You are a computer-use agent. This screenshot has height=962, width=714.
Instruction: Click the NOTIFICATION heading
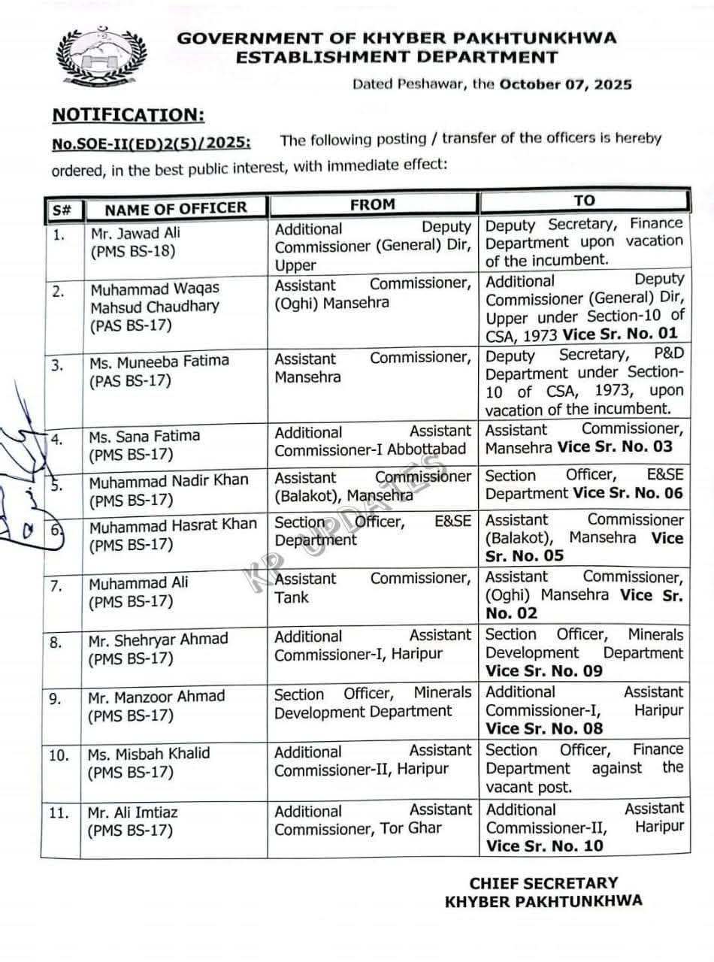127,115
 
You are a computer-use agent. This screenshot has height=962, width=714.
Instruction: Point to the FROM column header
372,204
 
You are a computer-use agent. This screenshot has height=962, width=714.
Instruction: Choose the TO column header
584,200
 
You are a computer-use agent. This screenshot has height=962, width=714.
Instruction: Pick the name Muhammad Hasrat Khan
173,525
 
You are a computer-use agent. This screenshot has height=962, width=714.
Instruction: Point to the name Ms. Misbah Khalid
149,754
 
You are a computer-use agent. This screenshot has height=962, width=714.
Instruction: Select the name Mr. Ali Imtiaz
133,812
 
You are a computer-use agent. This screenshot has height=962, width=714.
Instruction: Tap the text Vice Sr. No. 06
628,494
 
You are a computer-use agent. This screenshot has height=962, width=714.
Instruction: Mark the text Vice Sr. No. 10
544,846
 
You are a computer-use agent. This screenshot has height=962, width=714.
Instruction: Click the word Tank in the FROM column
292,597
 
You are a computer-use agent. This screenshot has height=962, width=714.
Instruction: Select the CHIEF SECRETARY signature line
543,882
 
